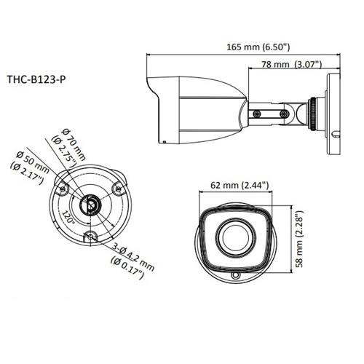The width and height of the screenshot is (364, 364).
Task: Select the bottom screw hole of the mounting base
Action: pos(90,237)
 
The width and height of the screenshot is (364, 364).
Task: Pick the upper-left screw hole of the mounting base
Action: pos(63,191)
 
